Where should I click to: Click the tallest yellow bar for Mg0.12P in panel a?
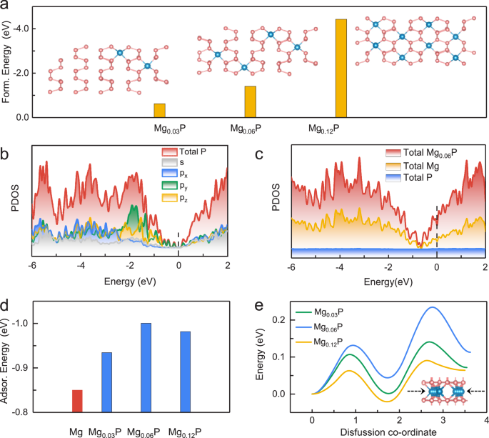point(341,68)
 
